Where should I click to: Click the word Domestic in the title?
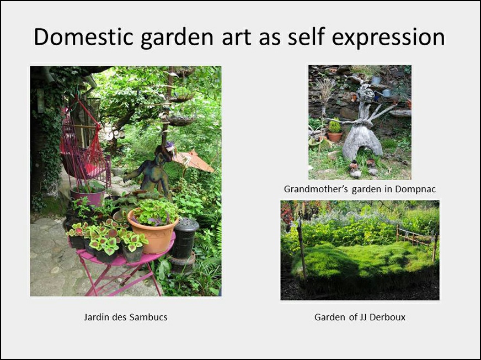point(83,37)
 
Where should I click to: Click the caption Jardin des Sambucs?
point(125,317)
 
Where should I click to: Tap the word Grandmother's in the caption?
point(316,189)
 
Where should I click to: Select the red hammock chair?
point(83,147)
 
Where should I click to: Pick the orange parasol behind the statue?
point(193,160)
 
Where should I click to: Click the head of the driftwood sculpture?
point(366,92)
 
